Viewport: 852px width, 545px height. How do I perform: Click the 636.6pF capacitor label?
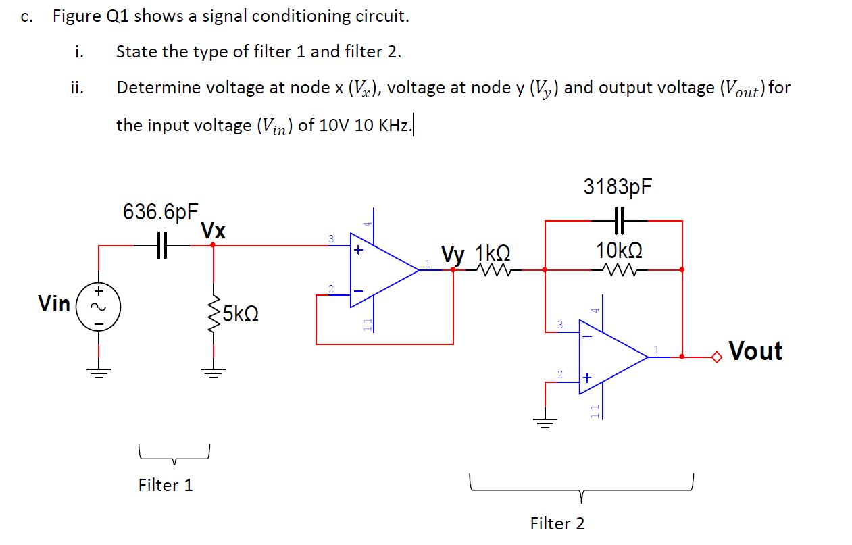[x=160, y=212]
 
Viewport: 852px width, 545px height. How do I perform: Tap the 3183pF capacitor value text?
[x=618, y=187]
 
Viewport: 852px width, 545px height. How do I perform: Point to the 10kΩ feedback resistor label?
[x=618, y=251]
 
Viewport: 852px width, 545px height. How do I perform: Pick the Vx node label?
[x=214, y=231]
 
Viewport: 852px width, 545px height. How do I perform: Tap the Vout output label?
[x=755, y=351]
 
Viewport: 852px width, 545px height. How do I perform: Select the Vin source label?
[x=54, y=304]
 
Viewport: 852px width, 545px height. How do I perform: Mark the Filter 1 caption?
[x=166, y=485]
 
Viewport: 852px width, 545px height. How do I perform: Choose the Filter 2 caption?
[x=557, y=523]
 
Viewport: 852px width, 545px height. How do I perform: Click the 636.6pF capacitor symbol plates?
[x=160, y=245]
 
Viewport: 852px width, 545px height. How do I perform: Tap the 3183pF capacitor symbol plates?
[x=618, y=220]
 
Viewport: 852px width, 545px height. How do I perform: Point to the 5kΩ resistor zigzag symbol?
[x=214, y=313]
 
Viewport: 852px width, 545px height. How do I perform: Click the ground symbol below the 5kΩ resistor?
[x=214, y=371]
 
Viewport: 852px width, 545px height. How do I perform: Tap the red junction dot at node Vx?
[x=213, y=245]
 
